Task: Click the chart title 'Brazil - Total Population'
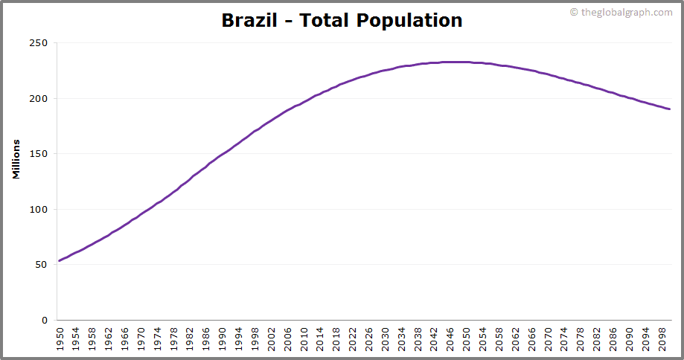pos(342,20)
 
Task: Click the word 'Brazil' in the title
pos(249,20)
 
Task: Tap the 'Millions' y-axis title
pos(16,158)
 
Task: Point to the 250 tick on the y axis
pos(38,43)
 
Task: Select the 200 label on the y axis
pos(38,99)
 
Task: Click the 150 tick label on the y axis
pos(38,154)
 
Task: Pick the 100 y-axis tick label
pos(38,210)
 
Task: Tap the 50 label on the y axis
pos(41,265)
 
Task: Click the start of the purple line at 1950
pos(60,260)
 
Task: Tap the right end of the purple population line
pos(669,109)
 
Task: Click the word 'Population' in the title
pos(409,20)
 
